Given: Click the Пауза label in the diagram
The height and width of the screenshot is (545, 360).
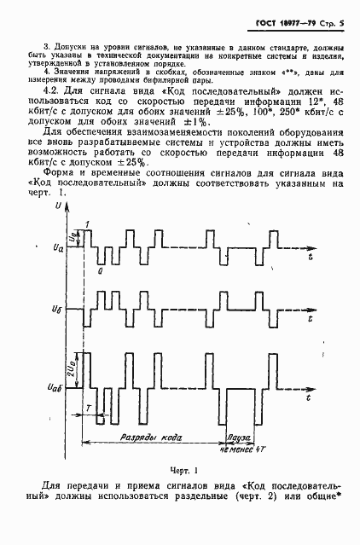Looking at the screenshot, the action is click(238, 436).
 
